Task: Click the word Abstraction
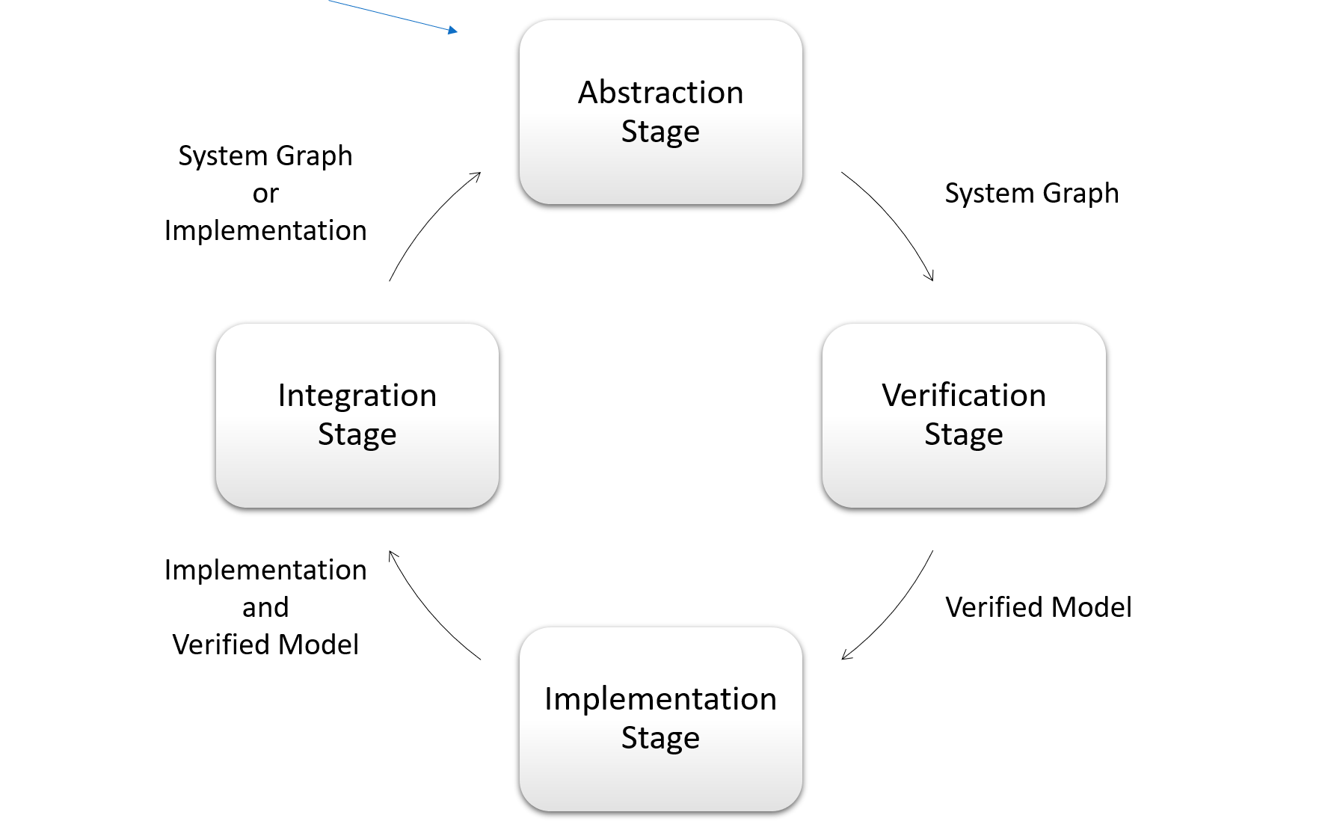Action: pos(660,93)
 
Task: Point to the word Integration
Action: pos(357,396)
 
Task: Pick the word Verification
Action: pos(963,396)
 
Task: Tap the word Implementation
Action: pos(660,699)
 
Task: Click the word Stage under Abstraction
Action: pos(660,132)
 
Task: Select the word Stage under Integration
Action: pos(357,434)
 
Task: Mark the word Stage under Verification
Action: pos(963,434)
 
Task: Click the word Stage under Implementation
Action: pos(660,738)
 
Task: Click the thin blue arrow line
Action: pos(389,15)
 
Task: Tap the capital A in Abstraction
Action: pos(588,93)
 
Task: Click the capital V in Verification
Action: pos(892,396)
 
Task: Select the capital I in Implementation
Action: pos(549,699)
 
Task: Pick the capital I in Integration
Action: pos(282,396)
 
